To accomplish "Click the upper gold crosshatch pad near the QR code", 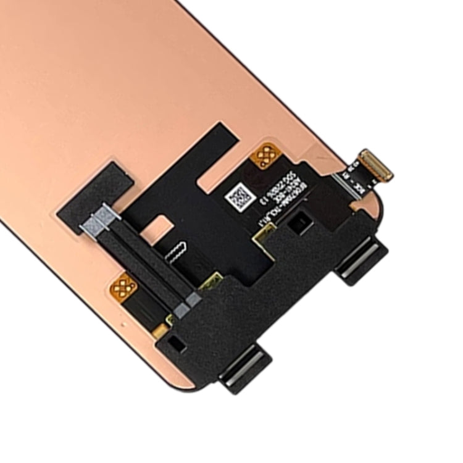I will point(266,156).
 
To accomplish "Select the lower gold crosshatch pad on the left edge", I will point(124,286).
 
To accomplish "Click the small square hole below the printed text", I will point(302,222).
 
